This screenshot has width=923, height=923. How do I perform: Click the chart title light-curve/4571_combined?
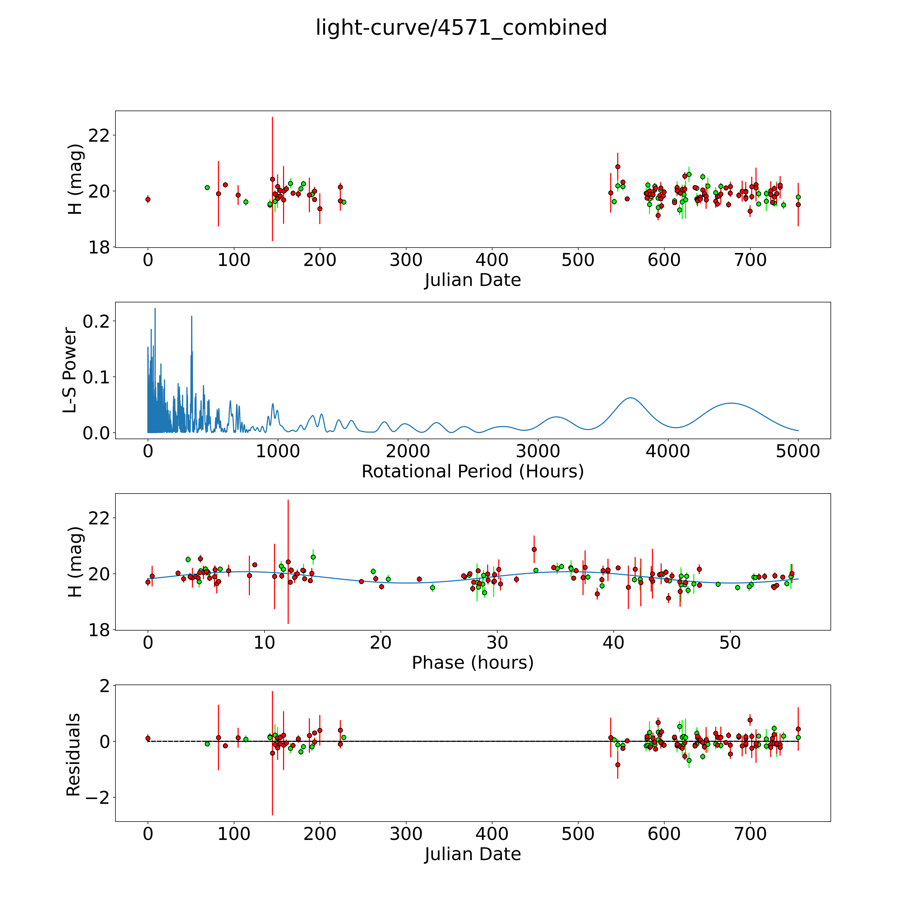click(461, 28)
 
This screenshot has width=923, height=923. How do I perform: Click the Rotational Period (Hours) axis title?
click(472, 472)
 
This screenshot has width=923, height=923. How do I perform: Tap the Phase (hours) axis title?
click(472, 663)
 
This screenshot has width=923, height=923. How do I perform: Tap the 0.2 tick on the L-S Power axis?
click(96, 321)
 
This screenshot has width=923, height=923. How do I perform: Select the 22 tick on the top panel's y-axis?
click(99, 135)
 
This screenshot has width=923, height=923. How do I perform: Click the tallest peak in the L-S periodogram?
click(155, 309)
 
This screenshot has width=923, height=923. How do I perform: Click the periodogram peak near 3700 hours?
click(631, 398)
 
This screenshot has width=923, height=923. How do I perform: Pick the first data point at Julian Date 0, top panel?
click(148, 199)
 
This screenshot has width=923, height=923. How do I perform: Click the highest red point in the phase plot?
click(534, 549)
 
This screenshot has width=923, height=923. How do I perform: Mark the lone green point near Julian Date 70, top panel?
click(207, 187)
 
